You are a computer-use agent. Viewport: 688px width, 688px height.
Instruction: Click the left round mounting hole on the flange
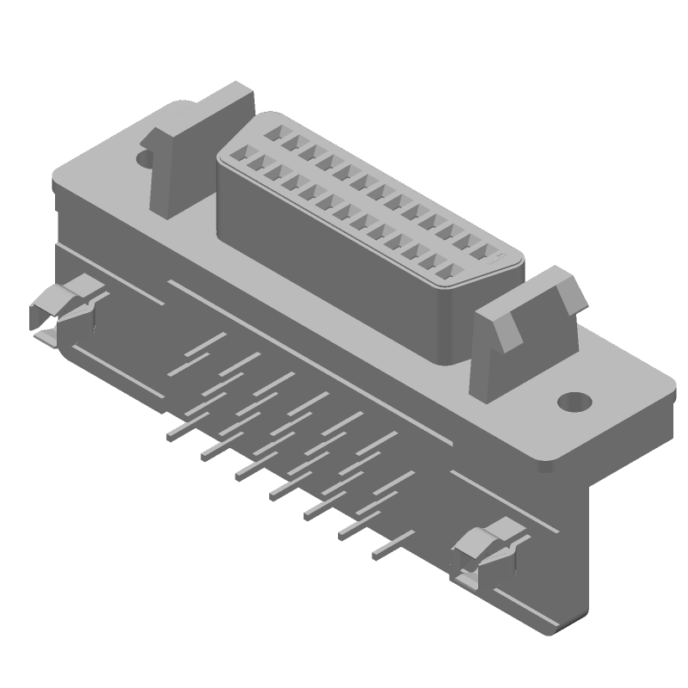(144, 158)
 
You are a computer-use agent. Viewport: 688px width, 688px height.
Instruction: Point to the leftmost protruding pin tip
(172, 435)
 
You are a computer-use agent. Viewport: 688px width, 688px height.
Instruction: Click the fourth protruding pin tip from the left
(277, 495)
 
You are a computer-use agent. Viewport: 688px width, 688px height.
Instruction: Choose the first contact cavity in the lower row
(237, 157)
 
